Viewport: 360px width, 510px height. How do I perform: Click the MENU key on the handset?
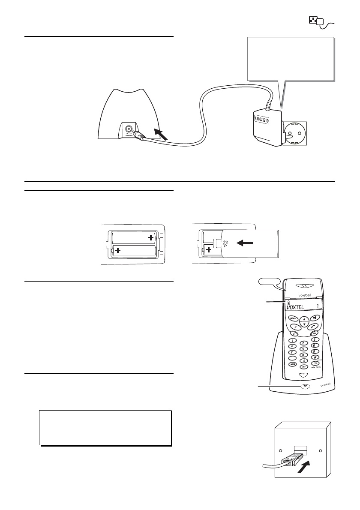pyautogui.click(x=293, y=318)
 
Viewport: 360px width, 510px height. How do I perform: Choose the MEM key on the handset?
pyautogui.click(x=294, y=364)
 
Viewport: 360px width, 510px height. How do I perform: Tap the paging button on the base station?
pyautogui.click(x=305, y=385)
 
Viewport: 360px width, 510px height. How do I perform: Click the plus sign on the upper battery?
pyautogui.click(x=150, y=237)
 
